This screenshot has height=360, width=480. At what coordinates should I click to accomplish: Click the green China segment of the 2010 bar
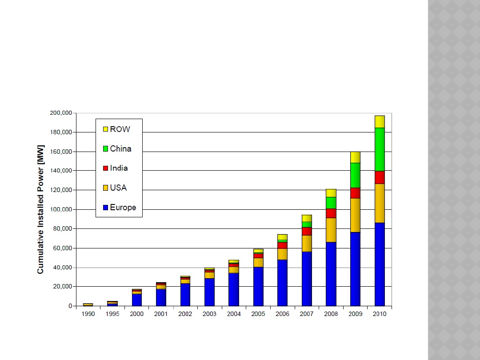pos(380,149)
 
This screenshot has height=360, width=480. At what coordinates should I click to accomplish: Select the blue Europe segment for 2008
pos(331,274)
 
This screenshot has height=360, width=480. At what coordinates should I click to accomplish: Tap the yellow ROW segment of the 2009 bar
pos(355,157)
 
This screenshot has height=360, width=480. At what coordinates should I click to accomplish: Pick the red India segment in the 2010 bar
pos(380,177)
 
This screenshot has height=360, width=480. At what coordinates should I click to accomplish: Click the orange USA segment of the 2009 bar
pos(355,215)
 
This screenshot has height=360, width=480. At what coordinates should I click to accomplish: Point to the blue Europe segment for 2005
pos(258,286)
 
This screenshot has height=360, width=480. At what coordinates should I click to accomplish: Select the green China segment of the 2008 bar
pos(331,203)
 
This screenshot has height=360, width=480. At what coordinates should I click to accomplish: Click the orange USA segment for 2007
pos(307,243)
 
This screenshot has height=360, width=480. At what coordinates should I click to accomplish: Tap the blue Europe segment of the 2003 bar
pos(209,292)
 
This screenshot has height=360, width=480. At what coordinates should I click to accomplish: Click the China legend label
pos(120,149)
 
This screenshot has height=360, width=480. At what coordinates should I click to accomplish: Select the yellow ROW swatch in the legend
pos(105,129)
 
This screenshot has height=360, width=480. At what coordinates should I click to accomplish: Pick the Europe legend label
pos(123,208)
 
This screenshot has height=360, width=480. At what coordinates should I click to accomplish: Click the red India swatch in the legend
pos(105,168)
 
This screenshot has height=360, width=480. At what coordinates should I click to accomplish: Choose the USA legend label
pos(118,188)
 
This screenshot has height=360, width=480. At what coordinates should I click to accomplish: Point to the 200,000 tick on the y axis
pos(61,113)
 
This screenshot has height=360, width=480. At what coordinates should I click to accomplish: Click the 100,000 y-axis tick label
pos(61,209)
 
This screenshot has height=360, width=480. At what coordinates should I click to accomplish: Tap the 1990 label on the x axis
pos(88,314)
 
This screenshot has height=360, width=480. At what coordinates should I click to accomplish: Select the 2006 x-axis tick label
pos(282,314)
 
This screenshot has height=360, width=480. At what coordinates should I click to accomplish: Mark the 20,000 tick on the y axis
pos(63,287)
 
